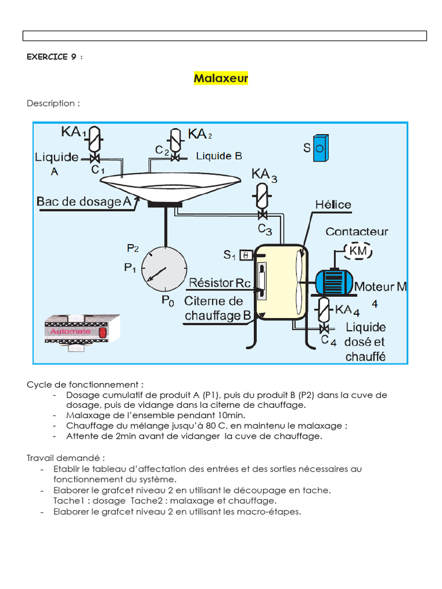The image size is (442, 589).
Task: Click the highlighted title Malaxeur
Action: coord(221,78)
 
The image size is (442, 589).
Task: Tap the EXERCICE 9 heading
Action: coord(54,57)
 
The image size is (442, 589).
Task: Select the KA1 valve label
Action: coord(73,132)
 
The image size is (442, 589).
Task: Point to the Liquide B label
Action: coord(219,155)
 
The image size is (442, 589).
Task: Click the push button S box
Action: coord(321,148)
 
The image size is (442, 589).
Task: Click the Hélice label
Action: coord(333,205)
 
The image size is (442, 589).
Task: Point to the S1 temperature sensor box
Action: coord(244,254)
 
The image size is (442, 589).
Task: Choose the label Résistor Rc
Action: coord(219,282)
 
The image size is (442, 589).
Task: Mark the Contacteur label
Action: coord(357,231)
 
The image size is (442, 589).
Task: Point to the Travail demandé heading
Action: coord(66,458)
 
